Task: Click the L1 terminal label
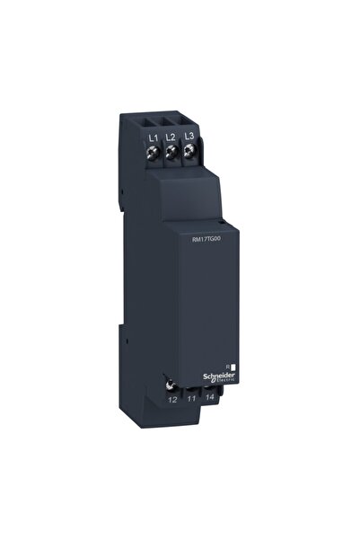[x=153, y=137]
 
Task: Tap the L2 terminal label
[x=171, y=136]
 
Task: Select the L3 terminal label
[x=189, y=135]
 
